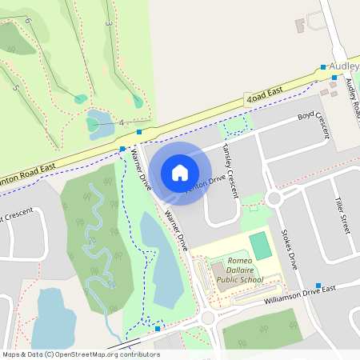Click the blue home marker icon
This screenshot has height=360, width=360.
coord(180,172)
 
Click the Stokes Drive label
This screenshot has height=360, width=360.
coord(287,250)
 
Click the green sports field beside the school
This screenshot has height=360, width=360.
coord(260,246)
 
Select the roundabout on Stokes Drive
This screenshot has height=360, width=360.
coord(275,198)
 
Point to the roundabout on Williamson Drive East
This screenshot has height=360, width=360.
coord(208,318)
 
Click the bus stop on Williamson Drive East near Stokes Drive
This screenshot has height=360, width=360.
coord(318,286)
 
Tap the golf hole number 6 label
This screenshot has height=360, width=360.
coord(26,19)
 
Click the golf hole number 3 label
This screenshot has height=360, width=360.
coord(108,24)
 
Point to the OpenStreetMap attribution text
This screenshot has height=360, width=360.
coord(70,354)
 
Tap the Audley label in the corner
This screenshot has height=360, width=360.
coord(345,67)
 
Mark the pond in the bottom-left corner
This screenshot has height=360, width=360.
coord(54,318)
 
